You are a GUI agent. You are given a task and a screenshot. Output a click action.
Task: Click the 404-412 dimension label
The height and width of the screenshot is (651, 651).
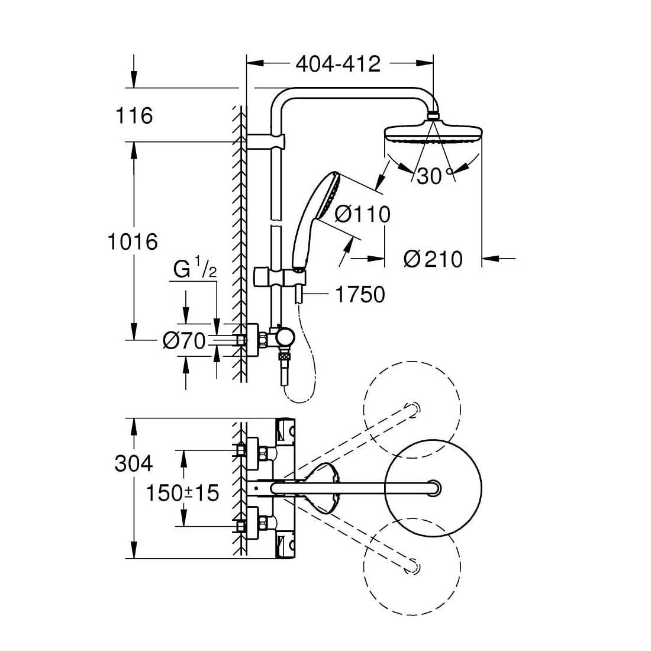(338, 63)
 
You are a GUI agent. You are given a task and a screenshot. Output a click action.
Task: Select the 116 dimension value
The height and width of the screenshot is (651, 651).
(135, 115)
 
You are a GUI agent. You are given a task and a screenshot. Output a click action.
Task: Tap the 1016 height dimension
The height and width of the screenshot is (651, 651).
(133, 241)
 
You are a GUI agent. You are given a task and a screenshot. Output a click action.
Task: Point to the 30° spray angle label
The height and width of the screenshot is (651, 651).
(434, 176)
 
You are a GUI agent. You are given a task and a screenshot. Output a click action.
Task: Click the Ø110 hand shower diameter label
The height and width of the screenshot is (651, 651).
(362, 214)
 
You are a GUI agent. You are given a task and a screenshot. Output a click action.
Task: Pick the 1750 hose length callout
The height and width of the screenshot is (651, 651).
(360, 294)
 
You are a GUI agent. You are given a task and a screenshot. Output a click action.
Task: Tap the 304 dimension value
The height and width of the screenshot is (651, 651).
(133, 463)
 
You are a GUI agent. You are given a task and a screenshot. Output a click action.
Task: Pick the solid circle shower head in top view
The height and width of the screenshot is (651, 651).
(433, 486)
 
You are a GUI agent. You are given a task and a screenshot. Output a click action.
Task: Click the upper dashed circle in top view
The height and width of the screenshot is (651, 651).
(412, 409)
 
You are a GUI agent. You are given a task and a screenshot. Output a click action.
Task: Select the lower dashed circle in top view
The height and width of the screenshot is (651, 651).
(412, 565)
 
